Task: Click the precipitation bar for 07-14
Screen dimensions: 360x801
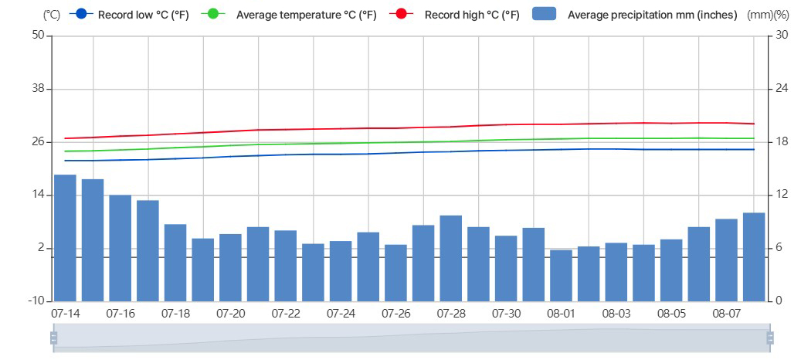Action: pyautogui.click(x=65, y=238)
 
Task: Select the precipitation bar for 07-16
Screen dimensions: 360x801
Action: pyautogui.click(x=120, y=248)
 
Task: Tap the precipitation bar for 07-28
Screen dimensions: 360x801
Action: pyautogui.click(x=450, y=258)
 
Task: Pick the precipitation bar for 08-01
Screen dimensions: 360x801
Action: pyautogui.click(x=561, y=275)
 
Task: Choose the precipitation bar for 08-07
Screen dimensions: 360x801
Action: pyautogui.click(x=726, y=260)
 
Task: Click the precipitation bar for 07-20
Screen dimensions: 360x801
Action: pyautogui.click(x=230, y=267)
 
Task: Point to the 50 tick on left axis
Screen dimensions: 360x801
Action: pyautogui.click(x=36, y=36)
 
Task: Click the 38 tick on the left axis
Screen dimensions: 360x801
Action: pyautogui.click(x=36, y=89)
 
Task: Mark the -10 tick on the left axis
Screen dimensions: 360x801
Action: pyautogui.click(x=35, y=301)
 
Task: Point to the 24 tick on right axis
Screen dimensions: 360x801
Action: pyautogui.click(x=782, y=89)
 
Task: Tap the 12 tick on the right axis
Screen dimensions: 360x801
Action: pyautogui.click(x=781, y=195)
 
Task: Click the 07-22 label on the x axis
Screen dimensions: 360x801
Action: pyautogui.click(x=286, y=314)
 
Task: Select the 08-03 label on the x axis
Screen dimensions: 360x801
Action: pyautogui.click(x=616, y=314)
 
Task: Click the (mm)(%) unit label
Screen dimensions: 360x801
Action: pyautogui.click(x=768, y=15)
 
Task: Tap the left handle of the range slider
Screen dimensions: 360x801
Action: pyautogui.click(x=53, y=338)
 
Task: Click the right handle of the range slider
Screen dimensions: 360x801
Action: pyautogui.click(x=770, y=338)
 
